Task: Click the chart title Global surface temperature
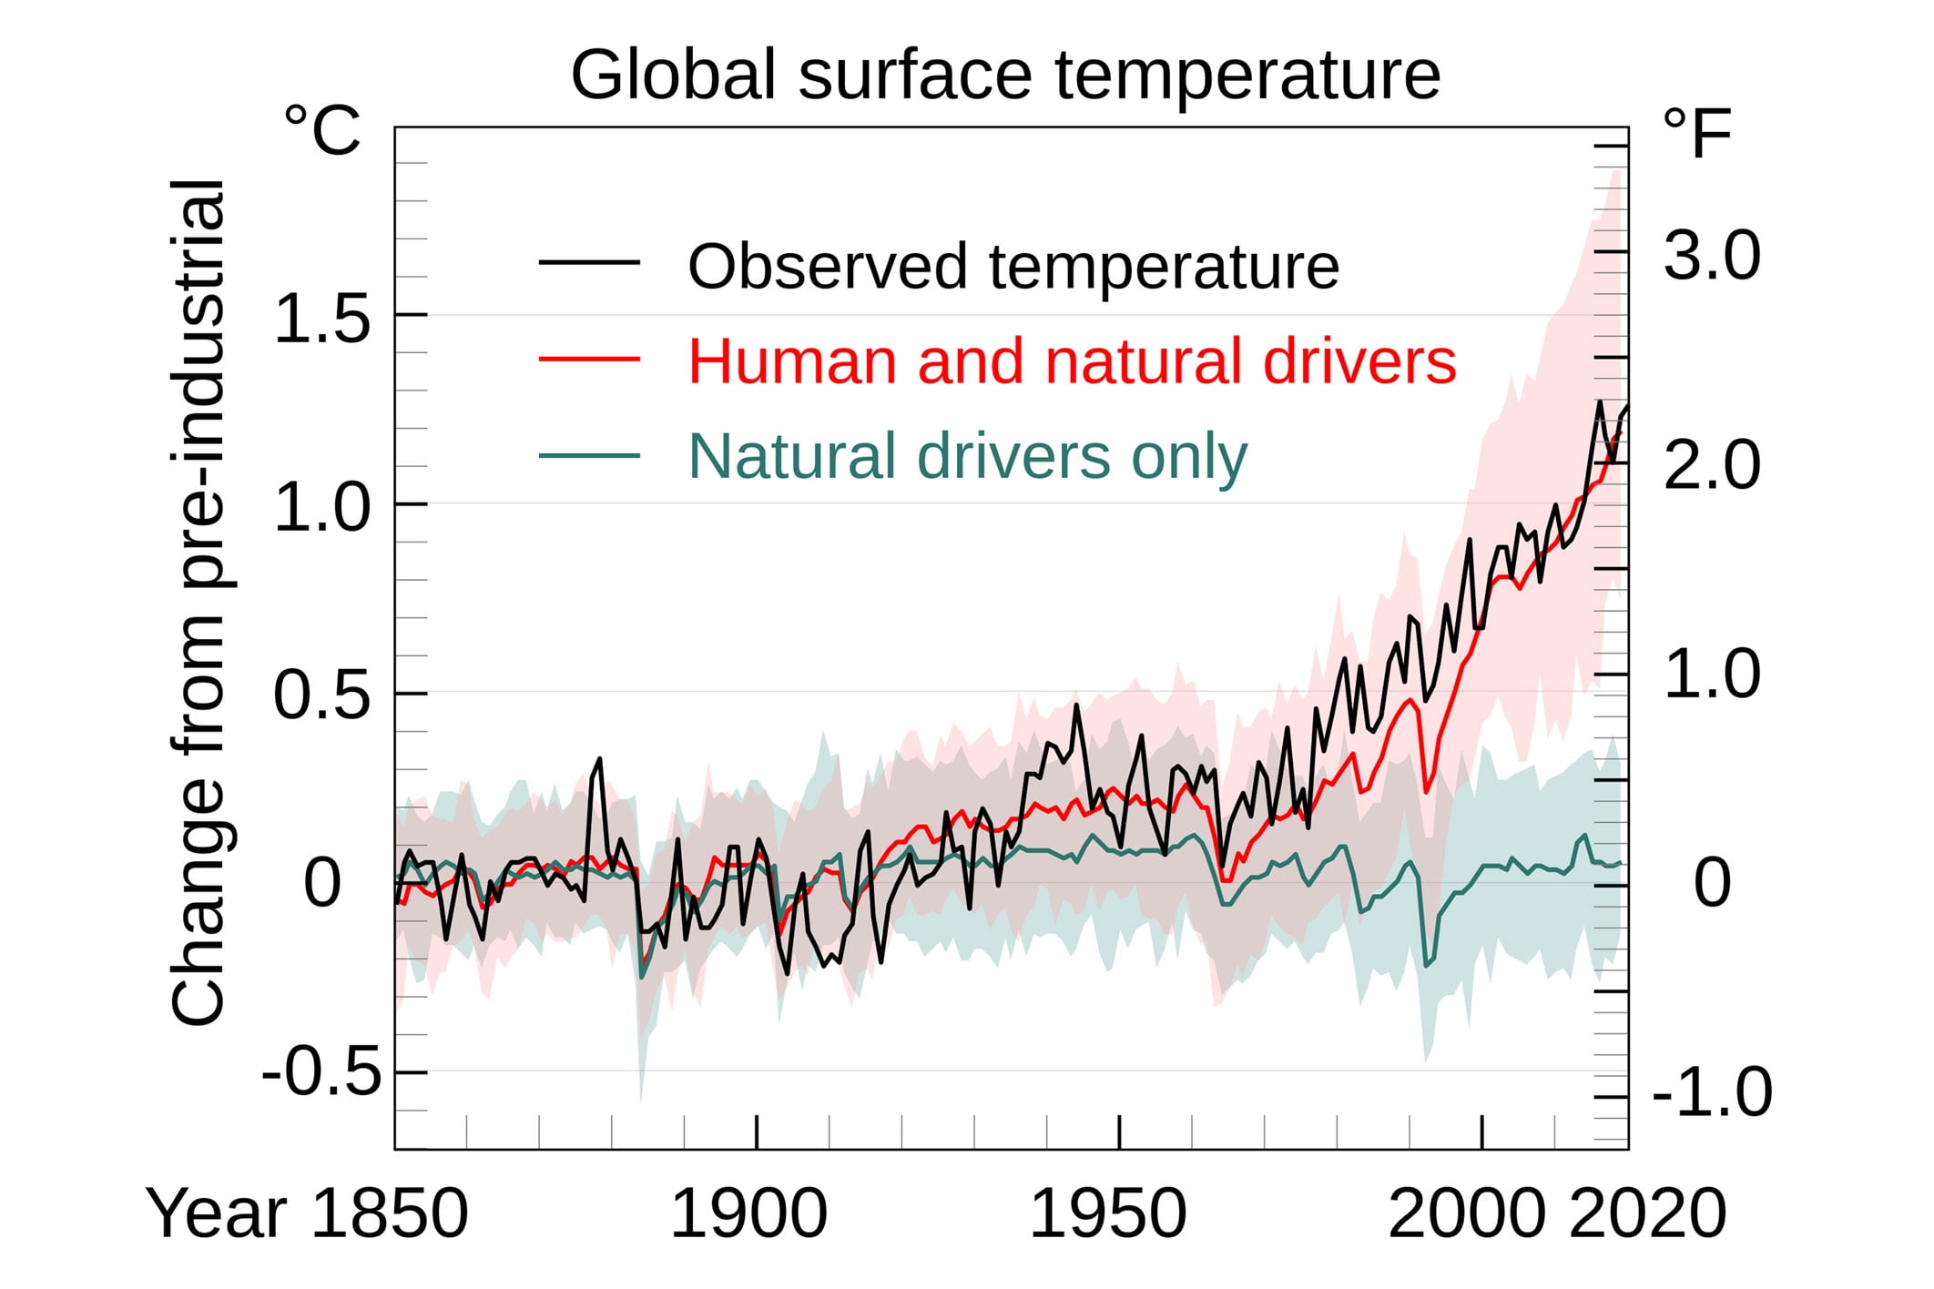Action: click(1005, 75)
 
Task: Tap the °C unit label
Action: click(322, 131)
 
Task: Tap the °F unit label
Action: click(1696, 135)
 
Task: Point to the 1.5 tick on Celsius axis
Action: click(322, 319)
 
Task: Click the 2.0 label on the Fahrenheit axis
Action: click(1711, 465)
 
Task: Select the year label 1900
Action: click(748, 1213)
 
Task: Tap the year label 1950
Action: click(1107, 1213)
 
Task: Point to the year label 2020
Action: click(1648, 1213)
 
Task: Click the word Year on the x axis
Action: click(217, 1213)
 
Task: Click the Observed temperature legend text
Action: click(1013, 267)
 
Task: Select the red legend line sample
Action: click(589, 359)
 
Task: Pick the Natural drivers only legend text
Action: click(967, 455)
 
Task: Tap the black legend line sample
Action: click(589, 263)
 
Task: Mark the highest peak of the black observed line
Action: click(1599, 401)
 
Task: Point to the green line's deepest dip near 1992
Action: click(1426, 966)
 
